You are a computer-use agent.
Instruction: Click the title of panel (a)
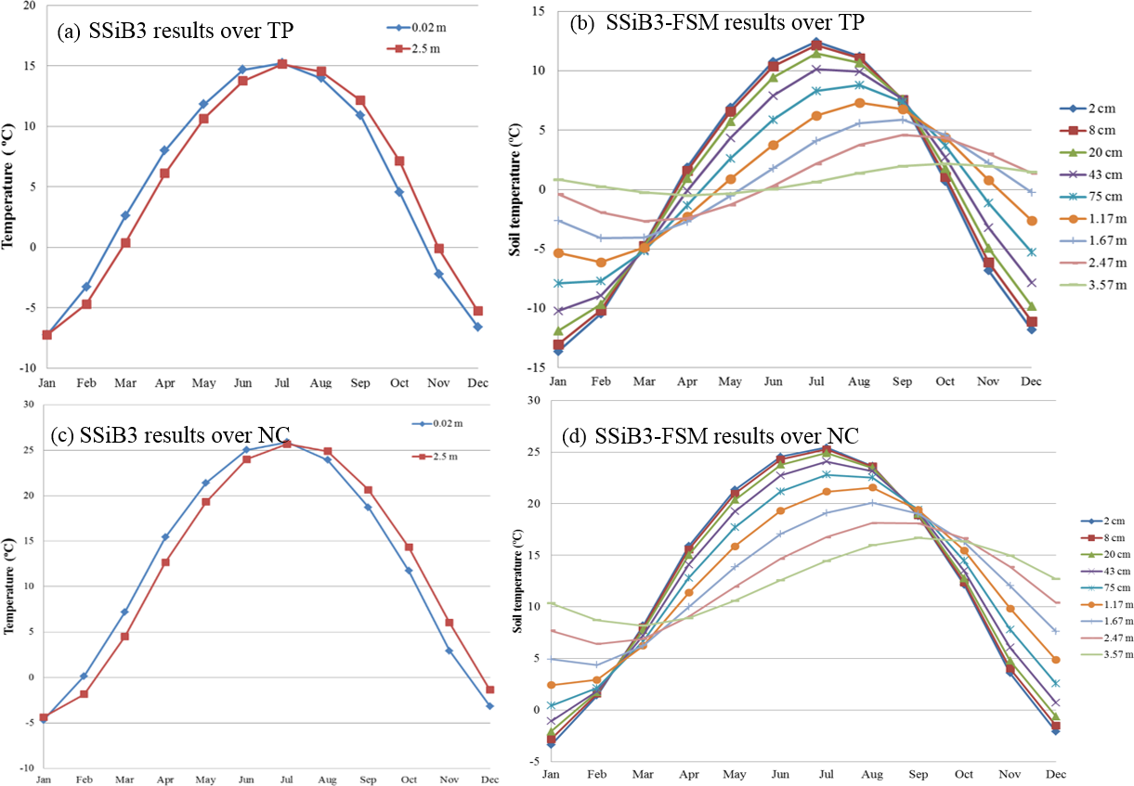[x=175, y=31]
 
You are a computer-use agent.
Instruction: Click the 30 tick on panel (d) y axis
[x=533, y=401]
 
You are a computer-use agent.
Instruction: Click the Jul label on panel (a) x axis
[x=282, y=381]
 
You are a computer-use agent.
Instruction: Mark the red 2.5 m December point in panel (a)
[x=477, y=311]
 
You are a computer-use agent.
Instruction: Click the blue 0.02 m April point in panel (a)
[x=164, y=149]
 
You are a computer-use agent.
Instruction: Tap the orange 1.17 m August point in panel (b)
[x=860, y=102]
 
